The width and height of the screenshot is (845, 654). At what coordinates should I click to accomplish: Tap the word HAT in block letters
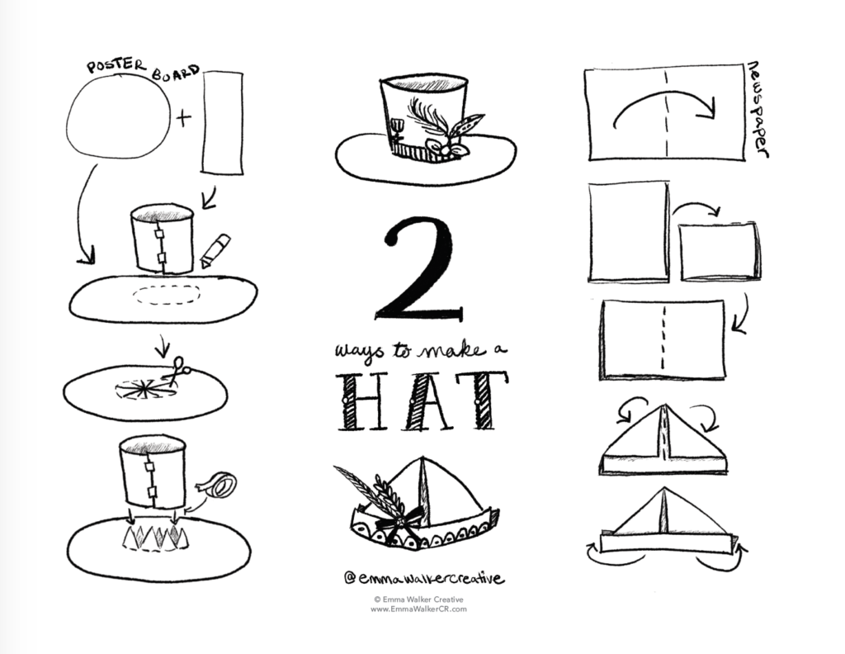[x=422, y=402]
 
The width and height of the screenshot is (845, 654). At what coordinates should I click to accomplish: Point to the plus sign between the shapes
[x=183, y=118]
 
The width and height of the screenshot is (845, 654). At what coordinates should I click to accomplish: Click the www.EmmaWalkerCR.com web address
[x=418, y=609]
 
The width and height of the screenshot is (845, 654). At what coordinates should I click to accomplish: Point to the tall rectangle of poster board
[x=223, y=122]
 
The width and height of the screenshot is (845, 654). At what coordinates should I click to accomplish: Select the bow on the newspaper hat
[x=391, y=522]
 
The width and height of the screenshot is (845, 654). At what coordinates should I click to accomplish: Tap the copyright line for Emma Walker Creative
[x=418, y=600]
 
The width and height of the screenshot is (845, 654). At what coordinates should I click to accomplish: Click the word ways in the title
[x=355, y=352]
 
